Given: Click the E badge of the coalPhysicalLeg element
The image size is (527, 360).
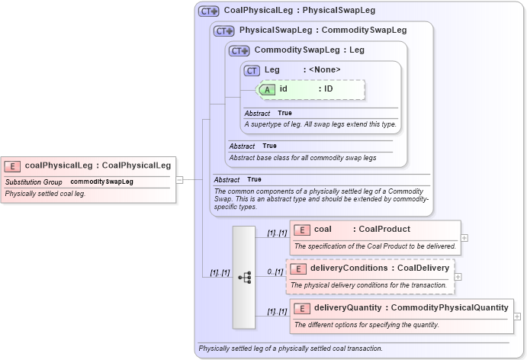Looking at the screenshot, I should click(x=12, y=166).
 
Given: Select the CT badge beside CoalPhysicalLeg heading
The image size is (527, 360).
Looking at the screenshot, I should click(x=208, y=11).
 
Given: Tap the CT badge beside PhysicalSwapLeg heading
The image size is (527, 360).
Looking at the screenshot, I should click(x=223, y=31).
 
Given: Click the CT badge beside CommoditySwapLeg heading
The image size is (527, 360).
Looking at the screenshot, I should click(x=239, y=51).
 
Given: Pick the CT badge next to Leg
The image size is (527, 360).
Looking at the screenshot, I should click(x=252, y=71).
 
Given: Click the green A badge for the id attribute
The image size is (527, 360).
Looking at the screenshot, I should click(x=267, y=89).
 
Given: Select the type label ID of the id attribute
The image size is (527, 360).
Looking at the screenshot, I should click(x=329, y=89).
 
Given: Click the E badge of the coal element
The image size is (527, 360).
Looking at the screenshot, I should click(x=302, y=230).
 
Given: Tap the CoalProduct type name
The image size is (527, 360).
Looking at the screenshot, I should click(x=384, y=230).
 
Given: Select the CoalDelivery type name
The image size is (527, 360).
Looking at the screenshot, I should click(x=423, y=268).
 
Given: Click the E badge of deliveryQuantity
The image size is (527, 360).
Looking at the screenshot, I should click(x=302, y=308).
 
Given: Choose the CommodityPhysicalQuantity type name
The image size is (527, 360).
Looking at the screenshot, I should click(x=449, y=308).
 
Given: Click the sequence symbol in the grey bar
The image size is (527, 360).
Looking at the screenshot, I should click(x=244, y=278).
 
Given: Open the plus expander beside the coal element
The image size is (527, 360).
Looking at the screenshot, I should click(x=464, y=237).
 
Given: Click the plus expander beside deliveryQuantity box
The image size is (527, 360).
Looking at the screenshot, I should click(x=518, y=316).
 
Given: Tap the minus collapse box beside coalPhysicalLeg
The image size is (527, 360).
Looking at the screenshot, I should click(x=179, y=180).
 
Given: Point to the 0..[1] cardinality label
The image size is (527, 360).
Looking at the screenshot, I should click(x=275, y=272).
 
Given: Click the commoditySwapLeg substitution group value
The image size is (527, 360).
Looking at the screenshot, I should click(x=101, y=182).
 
